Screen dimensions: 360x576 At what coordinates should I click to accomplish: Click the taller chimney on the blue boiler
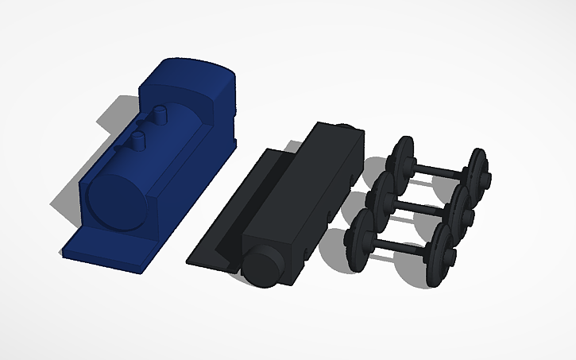161,114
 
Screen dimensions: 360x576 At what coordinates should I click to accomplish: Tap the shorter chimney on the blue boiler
137,141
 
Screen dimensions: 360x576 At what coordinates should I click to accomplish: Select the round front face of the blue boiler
118,198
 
